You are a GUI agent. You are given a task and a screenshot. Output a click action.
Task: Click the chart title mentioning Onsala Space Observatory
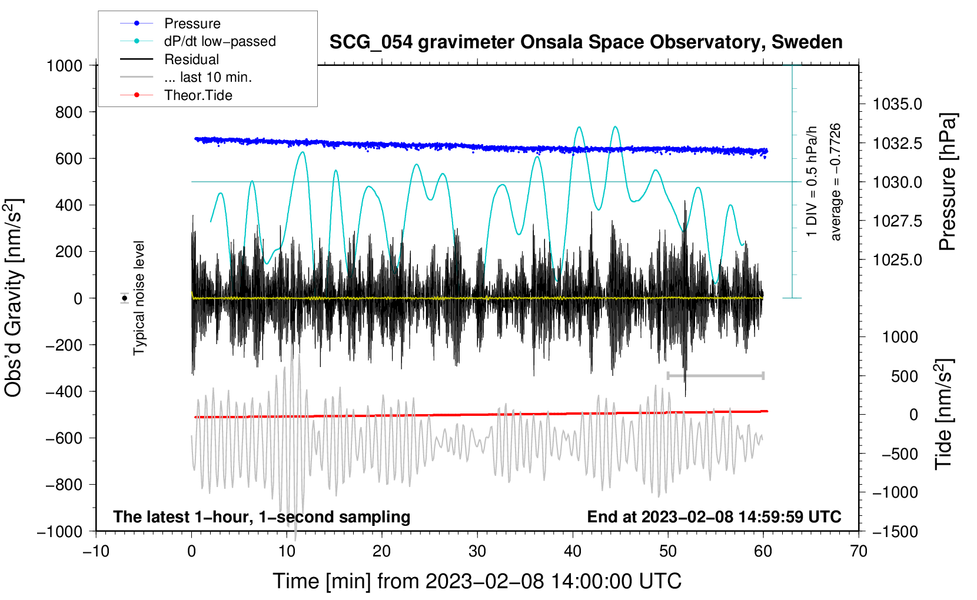(586, 42)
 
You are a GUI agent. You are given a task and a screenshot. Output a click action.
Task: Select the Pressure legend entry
(171, 23)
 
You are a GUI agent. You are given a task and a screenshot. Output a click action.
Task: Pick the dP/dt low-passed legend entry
(198, 41)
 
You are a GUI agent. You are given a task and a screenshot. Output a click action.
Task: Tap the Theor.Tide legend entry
(176, 95)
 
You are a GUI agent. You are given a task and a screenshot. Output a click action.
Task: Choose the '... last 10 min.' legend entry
(186, 77)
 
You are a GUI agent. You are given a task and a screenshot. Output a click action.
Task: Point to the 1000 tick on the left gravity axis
(65, 66)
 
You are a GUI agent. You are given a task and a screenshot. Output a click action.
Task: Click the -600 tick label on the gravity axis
(64, 438)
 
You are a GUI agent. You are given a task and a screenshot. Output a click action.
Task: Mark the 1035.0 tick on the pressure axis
(897, 104)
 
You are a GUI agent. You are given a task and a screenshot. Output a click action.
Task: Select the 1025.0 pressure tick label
(897, 260)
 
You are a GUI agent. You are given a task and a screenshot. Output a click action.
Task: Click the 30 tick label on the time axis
(477, 551)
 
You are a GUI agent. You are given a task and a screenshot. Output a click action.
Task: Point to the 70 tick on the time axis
(858, 551)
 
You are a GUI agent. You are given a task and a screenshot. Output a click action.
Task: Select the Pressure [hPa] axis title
(947, 182)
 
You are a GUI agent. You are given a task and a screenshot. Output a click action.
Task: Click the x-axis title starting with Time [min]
(477, 581)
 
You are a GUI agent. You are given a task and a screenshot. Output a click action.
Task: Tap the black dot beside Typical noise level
(125, 298)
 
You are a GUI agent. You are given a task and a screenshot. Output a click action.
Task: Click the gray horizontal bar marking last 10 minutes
(715, 375)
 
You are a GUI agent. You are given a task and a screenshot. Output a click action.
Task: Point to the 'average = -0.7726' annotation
(835, 182)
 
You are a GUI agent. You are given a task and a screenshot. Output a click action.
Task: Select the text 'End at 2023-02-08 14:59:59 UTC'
(714, 516)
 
